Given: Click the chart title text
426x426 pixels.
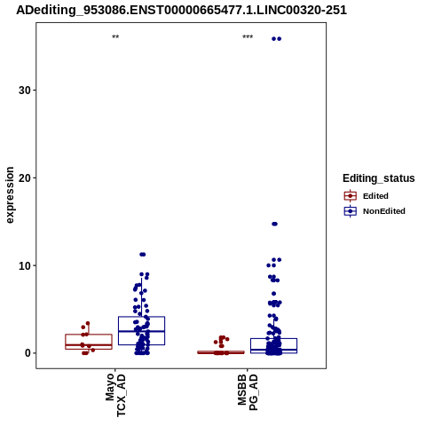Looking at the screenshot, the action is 181,11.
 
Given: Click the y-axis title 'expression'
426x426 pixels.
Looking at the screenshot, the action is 10,195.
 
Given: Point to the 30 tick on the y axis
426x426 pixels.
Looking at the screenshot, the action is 25,91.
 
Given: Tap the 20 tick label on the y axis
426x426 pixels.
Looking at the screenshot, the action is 25,177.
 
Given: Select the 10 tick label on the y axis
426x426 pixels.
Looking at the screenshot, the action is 25,265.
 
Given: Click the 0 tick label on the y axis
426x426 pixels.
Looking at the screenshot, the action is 28,353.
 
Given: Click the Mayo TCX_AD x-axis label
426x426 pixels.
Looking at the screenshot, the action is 115,395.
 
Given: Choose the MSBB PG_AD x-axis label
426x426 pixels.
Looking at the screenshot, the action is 248,392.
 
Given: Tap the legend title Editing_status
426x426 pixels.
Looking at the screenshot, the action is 379,178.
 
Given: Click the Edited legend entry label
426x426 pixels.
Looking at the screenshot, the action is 375,196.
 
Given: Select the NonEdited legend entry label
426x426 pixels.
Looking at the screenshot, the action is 384,211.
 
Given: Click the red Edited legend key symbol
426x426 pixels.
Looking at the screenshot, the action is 351,196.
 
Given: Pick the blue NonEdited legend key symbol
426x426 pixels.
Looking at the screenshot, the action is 351,211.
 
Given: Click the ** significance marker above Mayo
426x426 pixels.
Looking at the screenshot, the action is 115,37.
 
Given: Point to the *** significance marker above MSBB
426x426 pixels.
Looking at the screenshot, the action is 248,37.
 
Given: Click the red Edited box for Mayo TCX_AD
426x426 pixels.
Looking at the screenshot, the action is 89,342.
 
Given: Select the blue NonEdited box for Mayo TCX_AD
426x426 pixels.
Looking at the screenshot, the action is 141,331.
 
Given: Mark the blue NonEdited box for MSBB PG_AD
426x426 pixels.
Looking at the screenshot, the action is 273,346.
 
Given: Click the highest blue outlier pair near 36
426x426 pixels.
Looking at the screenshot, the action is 277,39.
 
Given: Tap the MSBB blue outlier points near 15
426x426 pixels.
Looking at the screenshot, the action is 275,224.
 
